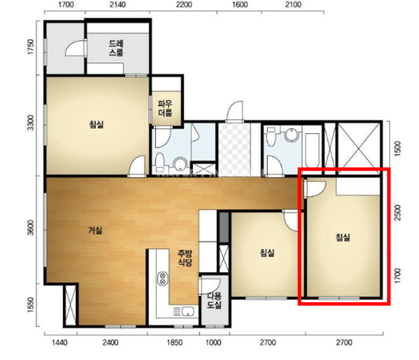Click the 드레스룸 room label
point(116,48)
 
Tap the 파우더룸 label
point(165,108)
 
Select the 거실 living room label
point(96,230)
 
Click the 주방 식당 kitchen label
point(185,258)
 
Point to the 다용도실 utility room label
point(215,300)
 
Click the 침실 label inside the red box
point(343,237)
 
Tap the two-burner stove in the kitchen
point(163,278)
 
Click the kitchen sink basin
point(188,311)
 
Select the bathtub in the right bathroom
point(312,150)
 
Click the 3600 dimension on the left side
point(31,228)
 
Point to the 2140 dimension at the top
point(117,4)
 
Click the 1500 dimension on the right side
point(398,149)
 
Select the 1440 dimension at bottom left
point(59,343)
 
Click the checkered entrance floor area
point(235,149)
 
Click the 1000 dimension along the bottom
point(213,343)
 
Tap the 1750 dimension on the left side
point(31,47)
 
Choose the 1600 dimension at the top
point(240,4)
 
